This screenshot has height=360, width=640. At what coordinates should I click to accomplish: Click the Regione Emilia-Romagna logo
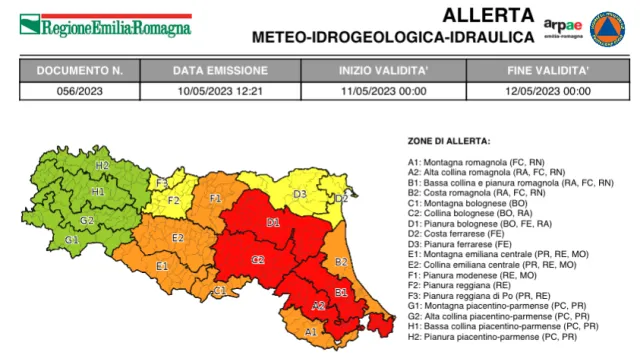click(x=105, y=25)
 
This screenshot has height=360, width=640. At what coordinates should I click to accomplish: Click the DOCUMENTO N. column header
click(x=79, y=72)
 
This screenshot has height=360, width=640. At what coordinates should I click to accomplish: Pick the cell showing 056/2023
click(x=79, y=90)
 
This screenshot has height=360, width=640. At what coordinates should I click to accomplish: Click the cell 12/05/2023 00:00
click(x=549, y=90)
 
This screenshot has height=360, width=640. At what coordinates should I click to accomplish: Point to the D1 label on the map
click(x=273, y=222)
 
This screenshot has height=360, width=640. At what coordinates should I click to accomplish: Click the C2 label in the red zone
click(x=257, y=259)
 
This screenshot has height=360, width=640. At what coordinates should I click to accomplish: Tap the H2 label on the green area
click(x=102, y=164)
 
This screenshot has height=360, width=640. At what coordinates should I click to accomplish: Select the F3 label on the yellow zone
click(x=161, y=182)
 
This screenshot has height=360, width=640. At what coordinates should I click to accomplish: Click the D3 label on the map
click(x=299, y=193)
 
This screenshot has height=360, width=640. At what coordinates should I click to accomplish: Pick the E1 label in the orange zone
click(x=161, y=266)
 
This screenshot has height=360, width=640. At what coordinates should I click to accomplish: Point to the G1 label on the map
click(x=72, y=240)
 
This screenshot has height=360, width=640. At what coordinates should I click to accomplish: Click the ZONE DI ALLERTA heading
click(x=448, y=142)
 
